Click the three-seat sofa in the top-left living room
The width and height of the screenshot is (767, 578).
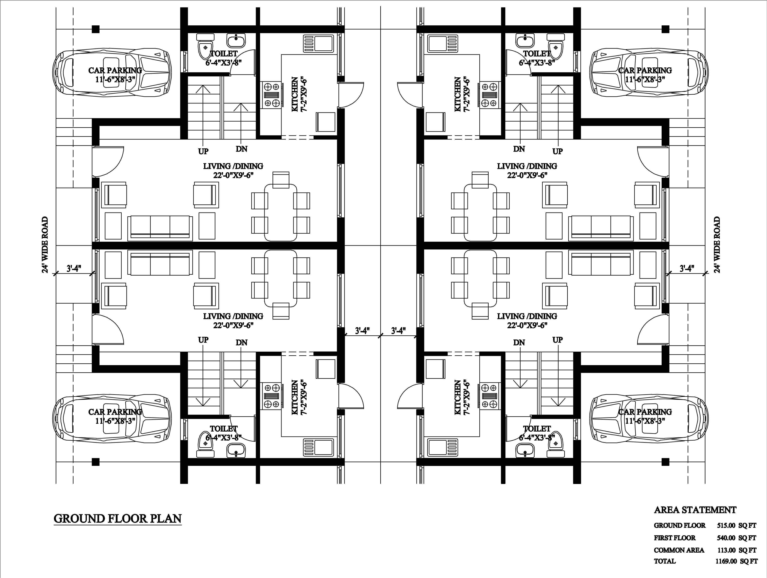pyautogui.click(x=160, y=228)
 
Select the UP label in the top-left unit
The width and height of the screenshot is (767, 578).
pyautogui.click(x=203, y=151)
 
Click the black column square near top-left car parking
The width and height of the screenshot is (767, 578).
pyautogui.click(x=96, y=29)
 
